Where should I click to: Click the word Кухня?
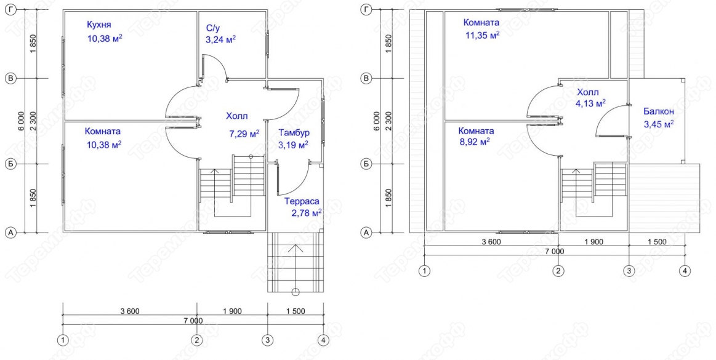pos(99,25)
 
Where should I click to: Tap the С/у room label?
pos(213,28)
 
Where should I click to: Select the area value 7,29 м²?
pos(244,134)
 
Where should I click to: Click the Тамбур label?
pos(294,133)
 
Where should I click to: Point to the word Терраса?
pos(302,201)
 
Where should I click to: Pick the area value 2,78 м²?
pos(307,213)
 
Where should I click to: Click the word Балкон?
pos(659,111)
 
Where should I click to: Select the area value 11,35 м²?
pos(482,35)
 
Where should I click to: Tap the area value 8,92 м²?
pos(475,142)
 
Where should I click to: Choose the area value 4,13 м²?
pos(591,103)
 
